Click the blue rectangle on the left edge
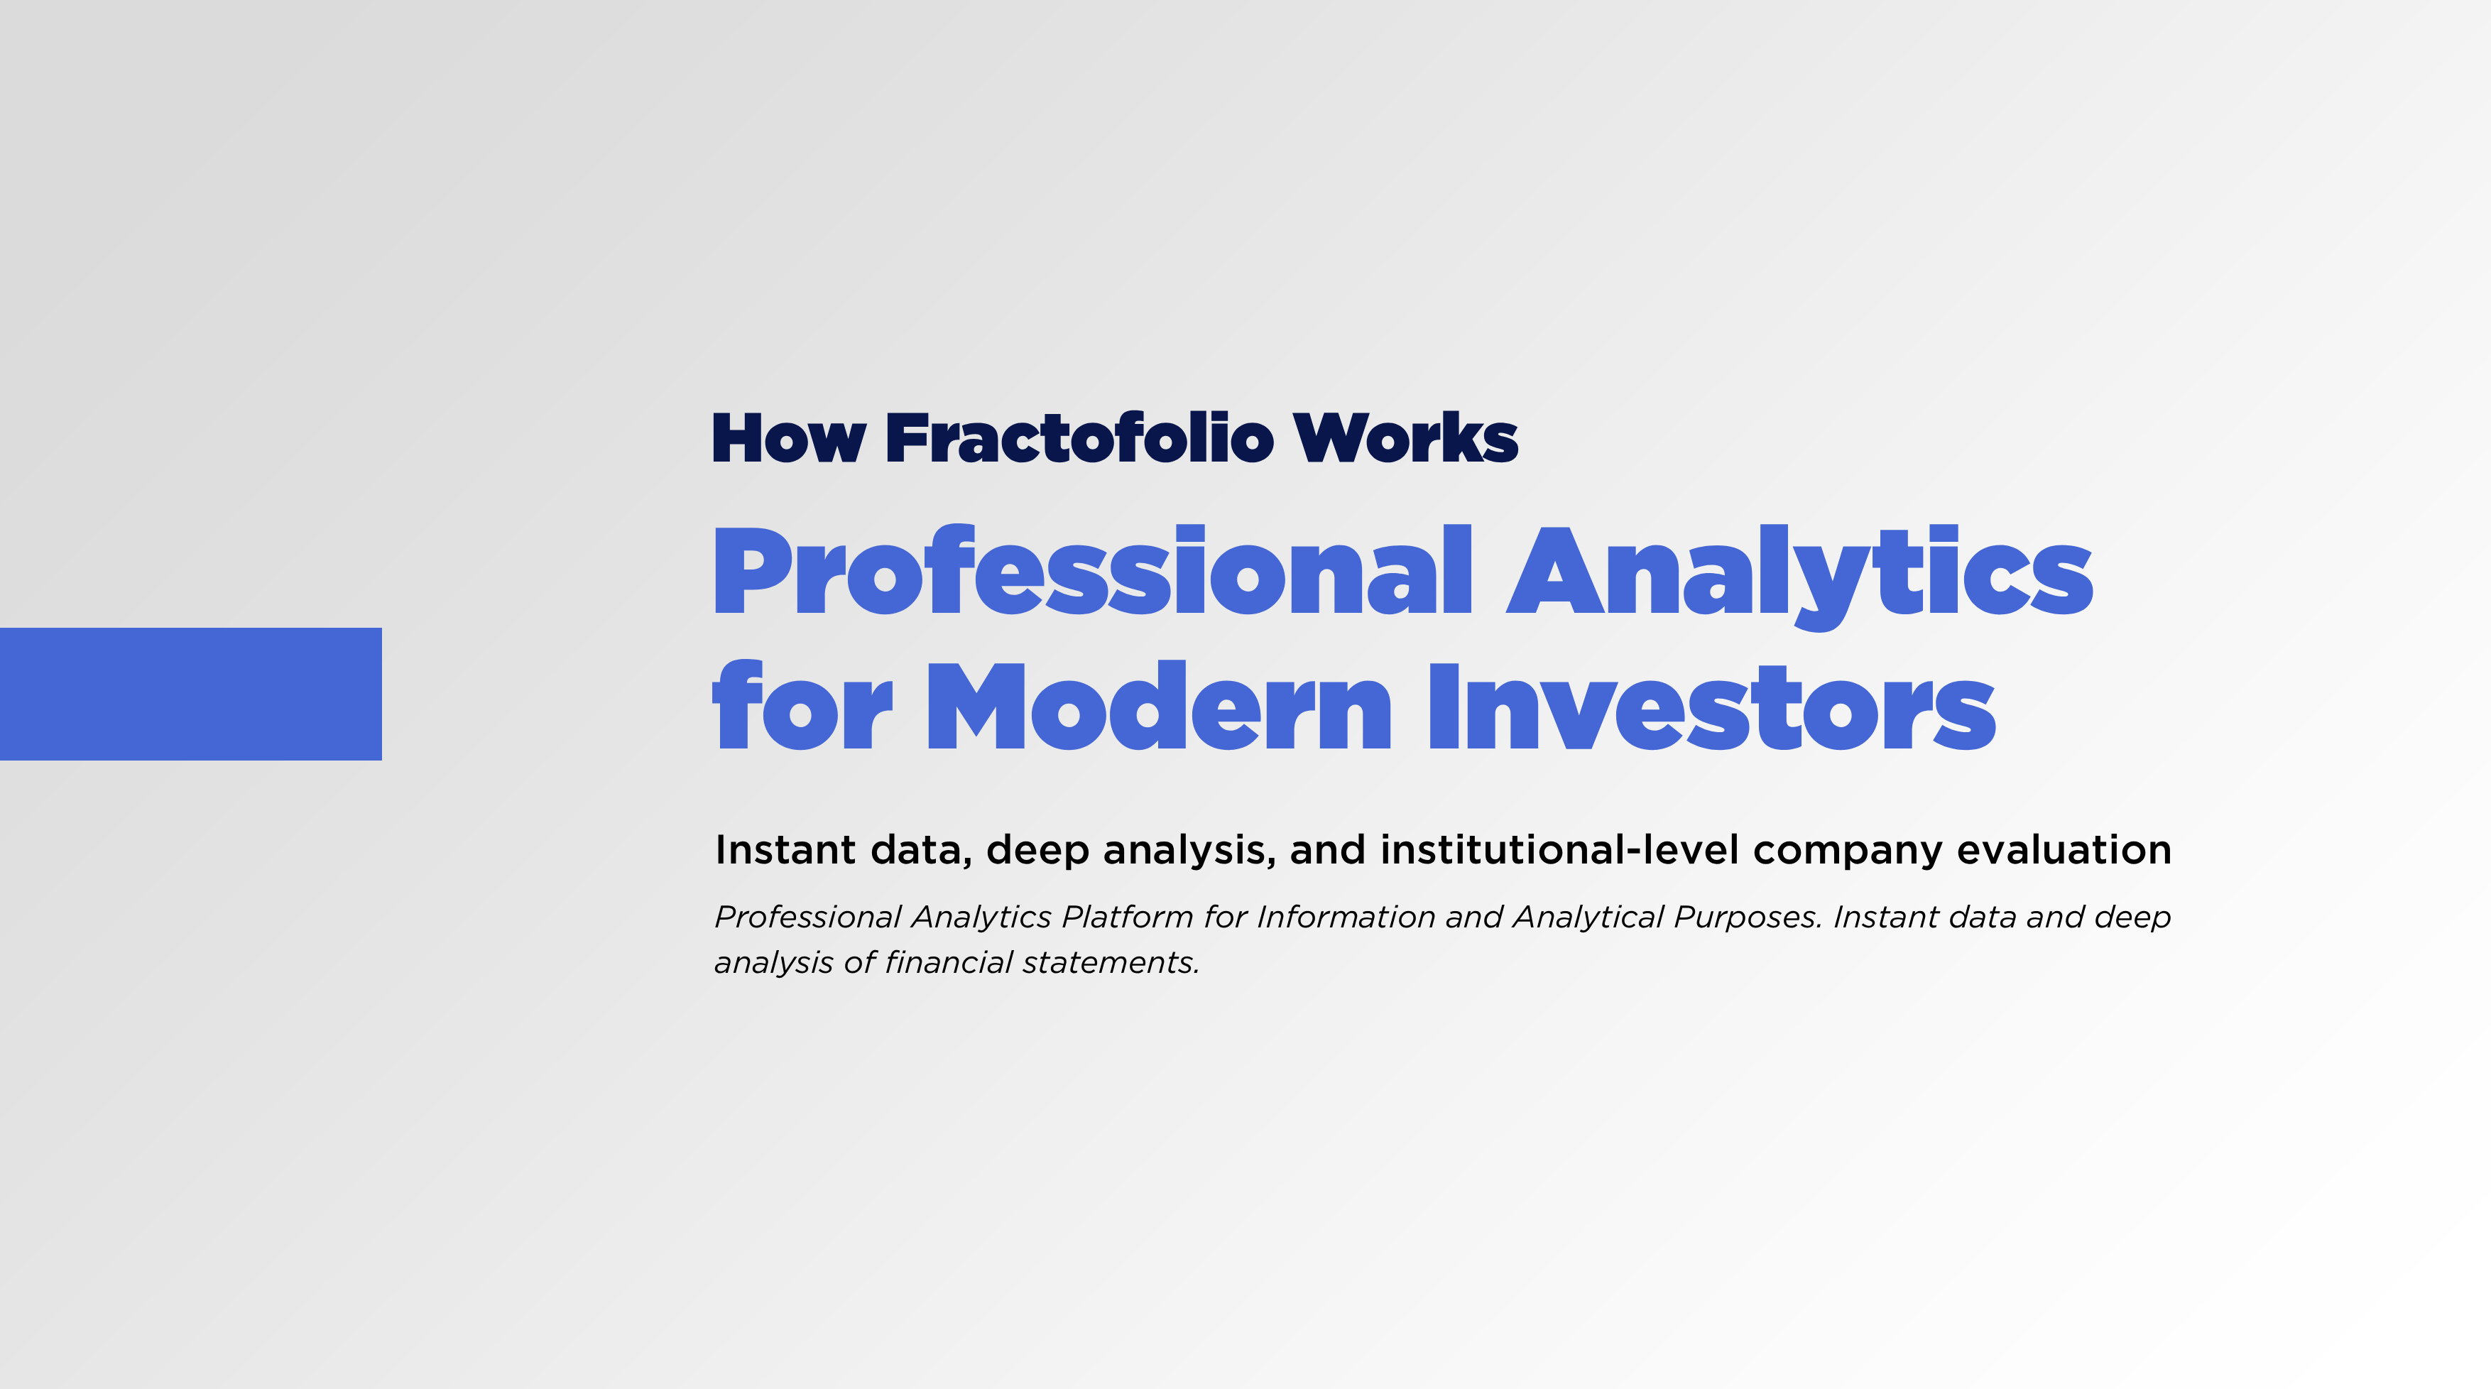(190, 694)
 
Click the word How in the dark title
(788, 439)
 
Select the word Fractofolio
(1079, 437)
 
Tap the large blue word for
(802, 705)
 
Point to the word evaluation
(2064, 850)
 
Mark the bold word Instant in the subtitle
(785, 850)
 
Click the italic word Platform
(1128, 917)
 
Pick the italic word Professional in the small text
(808, 917)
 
